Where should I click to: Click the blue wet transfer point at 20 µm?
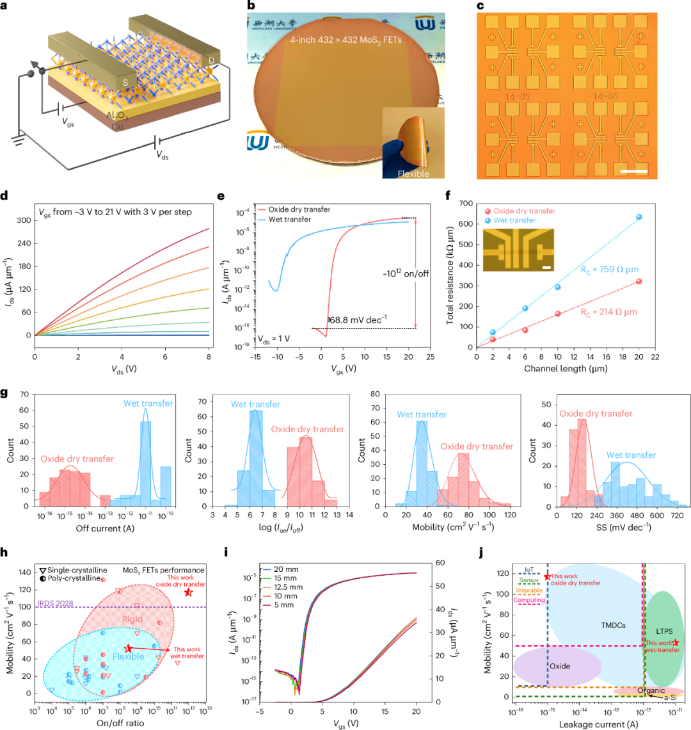tap(639, 217)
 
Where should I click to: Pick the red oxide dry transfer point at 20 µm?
tap(639, 281)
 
